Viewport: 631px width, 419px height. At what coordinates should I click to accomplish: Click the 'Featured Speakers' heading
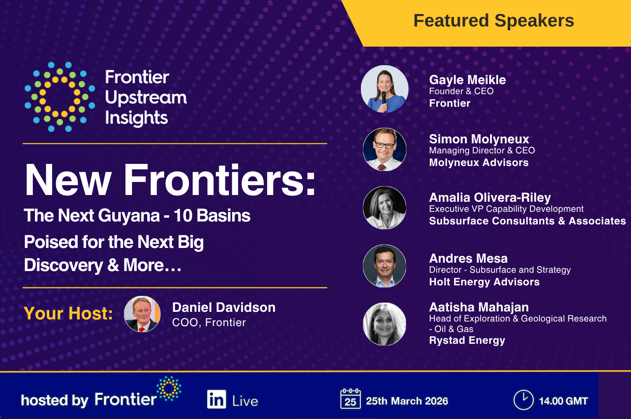pyautogui.click(x=493, y=21)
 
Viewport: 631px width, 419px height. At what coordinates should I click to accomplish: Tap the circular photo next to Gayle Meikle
pyautogui.click(x=384, y=89)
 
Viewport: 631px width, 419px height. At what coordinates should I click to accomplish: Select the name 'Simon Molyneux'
pyautogui.click(x=479, y=139)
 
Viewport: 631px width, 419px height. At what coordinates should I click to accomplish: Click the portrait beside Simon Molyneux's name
pyautogui.click(x=384, y=149)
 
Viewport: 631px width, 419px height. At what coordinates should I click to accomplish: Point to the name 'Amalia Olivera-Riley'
pyautogui.click(x=490, y=198)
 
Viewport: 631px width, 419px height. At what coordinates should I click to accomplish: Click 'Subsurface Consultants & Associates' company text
pyautogui.click(x=527, y=221)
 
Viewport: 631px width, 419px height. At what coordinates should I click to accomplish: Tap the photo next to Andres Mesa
pyautogui.click(x=384, y=266)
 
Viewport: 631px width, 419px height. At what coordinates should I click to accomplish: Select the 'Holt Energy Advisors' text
pyautogui.click(x=484, y=282)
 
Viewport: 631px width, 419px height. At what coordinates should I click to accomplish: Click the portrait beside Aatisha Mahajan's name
pyautogui.click(x=384, y=324)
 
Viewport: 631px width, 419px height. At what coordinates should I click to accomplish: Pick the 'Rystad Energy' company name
pyautogui.click(x=467, y=340)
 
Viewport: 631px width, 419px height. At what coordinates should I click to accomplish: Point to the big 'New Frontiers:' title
pyautogui.click(x=170, y=180)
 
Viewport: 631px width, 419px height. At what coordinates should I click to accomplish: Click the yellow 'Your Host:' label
pyautogui.click(x=68, y=314)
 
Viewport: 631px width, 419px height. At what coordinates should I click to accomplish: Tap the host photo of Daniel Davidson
pyautogui.click(x=142, y=314)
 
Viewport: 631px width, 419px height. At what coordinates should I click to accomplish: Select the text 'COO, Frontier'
pyautogui.click(x=209, y=323)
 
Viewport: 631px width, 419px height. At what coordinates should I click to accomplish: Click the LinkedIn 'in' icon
pyautogui.click(x=217, y=399)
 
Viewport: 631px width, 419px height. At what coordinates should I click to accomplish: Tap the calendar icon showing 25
pyautogui.click(x=350, y=399)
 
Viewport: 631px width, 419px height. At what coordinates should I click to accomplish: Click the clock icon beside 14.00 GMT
pyautogui.click(x=523, y=400)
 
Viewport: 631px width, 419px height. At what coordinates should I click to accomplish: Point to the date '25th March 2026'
pyautogui.click(x=407, y=401)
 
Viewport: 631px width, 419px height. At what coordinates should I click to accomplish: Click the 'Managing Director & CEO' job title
pyautogui.click(x=482, y=150)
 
